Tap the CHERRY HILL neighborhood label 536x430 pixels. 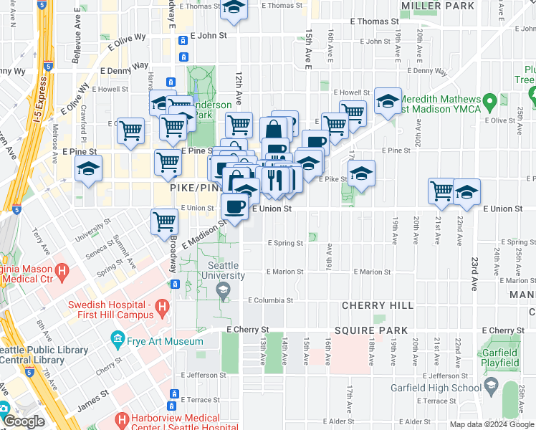click(x=368, y=305)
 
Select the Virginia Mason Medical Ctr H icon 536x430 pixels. click(x=62, y=272)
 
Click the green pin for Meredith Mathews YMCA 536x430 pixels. click(x=490, y=102)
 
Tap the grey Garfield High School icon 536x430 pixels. click(x=491, y=388)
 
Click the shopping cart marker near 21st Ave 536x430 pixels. click(x=442, y=191)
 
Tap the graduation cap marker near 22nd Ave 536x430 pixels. click(x=466, y=191)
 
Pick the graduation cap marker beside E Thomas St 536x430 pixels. click(x=234, y=7)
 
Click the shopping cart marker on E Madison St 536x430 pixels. click(x=165, y=220)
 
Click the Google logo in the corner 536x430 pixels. click(x=25, y=421)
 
